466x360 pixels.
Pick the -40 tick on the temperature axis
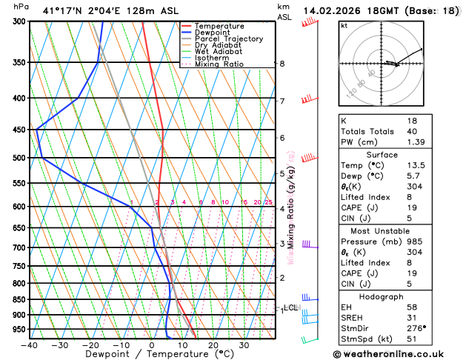(30, 344)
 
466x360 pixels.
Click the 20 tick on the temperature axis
(213, 344)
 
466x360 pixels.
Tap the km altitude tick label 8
(282, 64)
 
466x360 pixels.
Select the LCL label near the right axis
(290, 307)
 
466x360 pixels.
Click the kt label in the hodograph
(344, 26)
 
